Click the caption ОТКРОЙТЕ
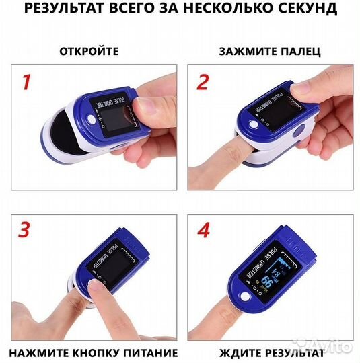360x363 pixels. tap(89, 51)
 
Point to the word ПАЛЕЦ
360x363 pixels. tap(299, 51)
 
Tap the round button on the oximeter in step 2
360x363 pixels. tap(254, 126)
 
